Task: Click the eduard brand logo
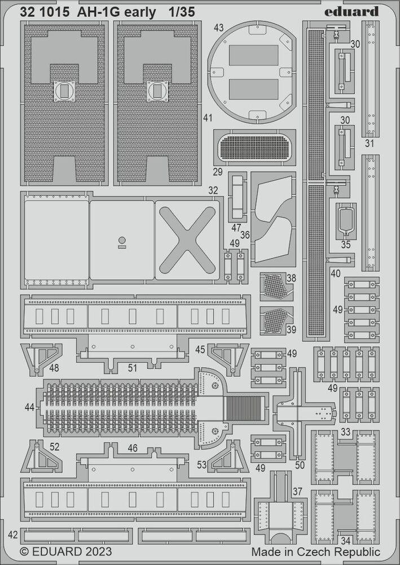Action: point(351,11)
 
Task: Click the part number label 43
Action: point(218,28)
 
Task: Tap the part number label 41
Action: point(208,118)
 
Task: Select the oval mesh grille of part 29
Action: point(255,147)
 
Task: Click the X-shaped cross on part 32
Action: point(187,240)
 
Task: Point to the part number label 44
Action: point(30,407)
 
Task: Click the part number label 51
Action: point(133,368)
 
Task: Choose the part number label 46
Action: point(133,448)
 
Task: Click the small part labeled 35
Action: point(346,220)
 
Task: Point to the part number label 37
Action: point(297,492)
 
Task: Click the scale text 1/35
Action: point(182,12)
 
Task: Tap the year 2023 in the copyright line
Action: point(98,551)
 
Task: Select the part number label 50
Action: point(300,465)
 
